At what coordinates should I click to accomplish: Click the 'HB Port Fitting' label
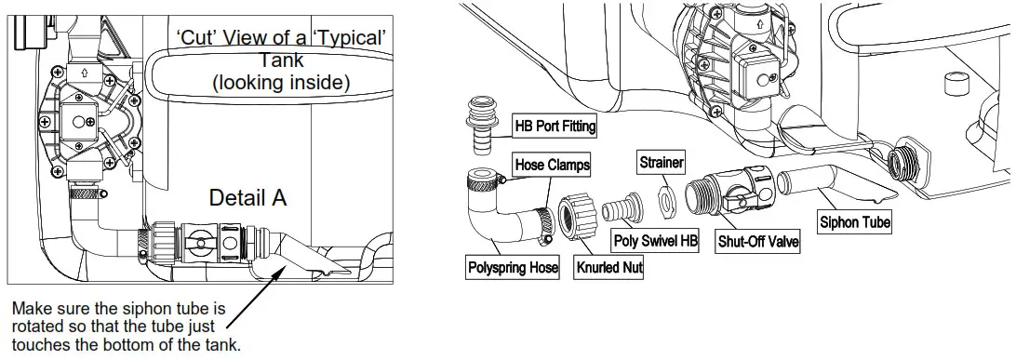tap(555, 125)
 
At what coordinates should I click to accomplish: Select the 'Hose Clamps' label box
tap(552, 165)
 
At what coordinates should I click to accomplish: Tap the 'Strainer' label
tap(662, 163)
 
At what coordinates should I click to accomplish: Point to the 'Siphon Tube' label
tap(854, 222)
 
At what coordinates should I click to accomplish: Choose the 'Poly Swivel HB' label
tap(656, 241)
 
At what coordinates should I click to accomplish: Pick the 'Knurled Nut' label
tap(609, 267)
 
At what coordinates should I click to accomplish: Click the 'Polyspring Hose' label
tap(514, 268)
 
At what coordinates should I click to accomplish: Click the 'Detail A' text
tap(247, 198)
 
